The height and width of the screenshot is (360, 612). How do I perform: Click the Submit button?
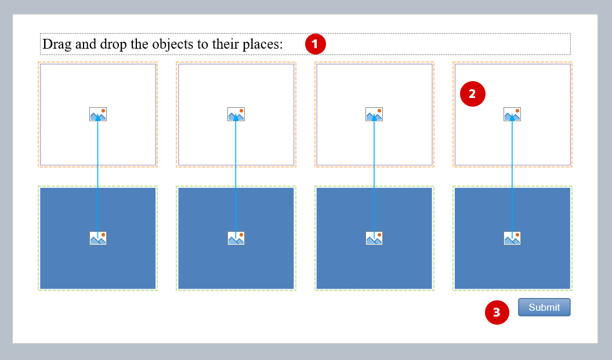pos(544,307)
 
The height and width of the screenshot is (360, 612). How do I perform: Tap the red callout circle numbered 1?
pos(316,44)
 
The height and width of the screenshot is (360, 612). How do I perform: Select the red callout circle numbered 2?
pos(473,94)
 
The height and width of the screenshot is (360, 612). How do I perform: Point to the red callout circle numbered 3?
pos(497,312)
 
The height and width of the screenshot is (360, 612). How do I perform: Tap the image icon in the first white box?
pos(98,114)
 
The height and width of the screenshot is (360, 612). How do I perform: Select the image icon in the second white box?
pos(236,114)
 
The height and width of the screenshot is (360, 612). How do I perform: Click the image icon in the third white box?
pos(374,114)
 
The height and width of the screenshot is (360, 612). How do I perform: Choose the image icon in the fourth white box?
pos(512,114)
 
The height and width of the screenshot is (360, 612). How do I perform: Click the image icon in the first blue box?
pos(98,238)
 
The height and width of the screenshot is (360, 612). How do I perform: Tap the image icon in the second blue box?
pos(236,238)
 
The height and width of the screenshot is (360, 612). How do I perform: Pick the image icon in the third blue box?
pos(374,238)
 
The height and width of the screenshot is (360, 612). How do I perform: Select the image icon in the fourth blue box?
pos(512,238)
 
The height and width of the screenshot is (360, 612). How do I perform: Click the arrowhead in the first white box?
pos(98,117)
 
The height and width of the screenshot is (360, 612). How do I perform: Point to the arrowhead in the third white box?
pos(374,117)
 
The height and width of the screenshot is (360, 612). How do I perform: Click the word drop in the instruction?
pos(114,45)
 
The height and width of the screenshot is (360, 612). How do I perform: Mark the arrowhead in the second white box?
pos(236,117)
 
